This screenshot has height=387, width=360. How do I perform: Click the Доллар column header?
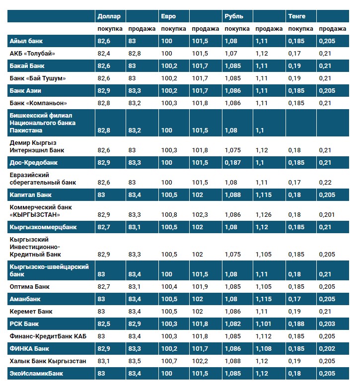point(108,16)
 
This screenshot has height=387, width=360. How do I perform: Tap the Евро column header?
point(168,16)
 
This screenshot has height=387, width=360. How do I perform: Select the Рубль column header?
point(234,16)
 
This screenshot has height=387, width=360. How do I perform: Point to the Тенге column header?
point(296,16)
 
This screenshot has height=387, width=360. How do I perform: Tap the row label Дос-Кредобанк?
point(33,162)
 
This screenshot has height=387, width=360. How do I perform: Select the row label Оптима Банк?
point(30,287)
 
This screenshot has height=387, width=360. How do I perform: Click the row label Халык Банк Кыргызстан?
point(48,361)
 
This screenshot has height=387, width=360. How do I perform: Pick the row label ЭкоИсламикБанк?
point(36,373)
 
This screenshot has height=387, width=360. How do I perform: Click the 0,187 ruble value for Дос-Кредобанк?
point(233,162)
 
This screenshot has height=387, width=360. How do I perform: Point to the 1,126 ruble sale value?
point(264,215)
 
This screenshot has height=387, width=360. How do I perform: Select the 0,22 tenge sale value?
point(325,183)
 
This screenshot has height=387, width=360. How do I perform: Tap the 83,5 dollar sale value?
point(134,361)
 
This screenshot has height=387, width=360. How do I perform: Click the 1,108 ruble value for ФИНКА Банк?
point(264,348)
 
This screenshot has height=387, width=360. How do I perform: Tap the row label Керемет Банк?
point(31,312)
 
